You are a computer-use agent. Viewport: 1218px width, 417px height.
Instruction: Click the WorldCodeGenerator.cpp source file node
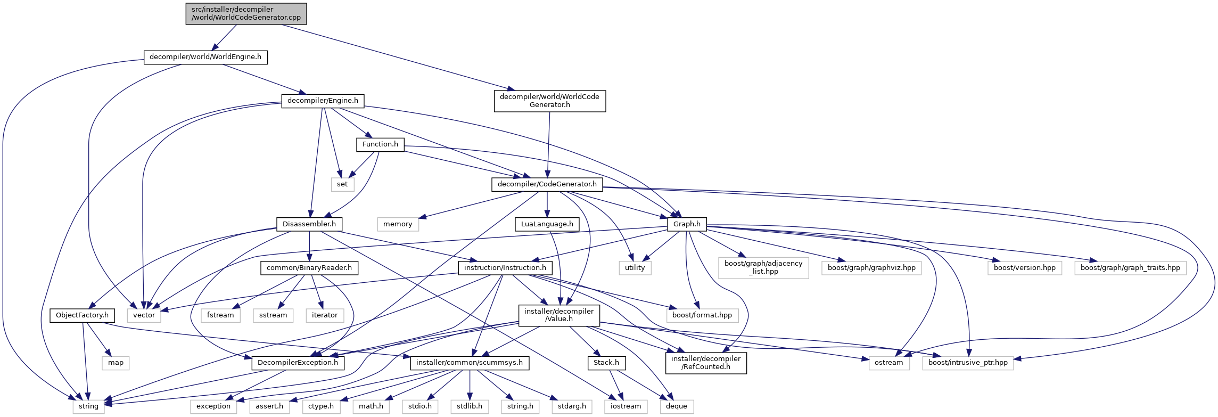click(x=246, y=13)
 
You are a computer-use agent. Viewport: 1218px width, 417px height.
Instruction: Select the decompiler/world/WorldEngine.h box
click(x=205, y=57)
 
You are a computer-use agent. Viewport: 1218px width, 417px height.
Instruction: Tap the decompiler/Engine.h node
click(x=323, y=101)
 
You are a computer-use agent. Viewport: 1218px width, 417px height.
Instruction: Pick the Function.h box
click(x=380, y=144)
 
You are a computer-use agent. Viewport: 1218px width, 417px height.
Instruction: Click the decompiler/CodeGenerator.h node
click(x=547, y=184)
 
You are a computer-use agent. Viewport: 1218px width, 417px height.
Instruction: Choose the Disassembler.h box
click(x=309, y=224)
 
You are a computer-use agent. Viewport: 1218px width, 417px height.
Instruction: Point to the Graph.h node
click(x=687, y=224)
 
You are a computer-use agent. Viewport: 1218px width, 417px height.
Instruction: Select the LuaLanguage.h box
click(x=547, y=224)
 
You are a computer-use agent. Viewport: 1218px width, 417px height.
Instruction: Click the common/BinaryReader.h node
click(x=309, y=268)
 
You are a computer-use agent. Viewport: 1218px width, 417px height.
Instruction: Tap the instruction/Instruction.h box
click(x=505, y=268)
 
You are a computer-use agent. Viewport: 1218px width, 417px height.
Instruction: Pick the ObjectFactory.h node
click(x=82, y=315)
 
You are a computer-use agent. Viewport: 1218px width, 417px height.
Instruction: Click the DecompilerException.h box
click(x=298, y=363)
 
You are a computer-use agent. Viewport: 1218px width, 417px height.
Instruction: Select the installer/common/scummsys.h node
click(x=469, y=363)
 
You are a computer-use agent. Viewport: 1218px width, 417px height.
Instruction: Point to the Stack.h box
click(x=606, y=363)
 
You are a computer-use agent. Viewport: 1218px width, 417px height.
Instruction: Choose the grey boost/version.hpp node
click(x=1024, y=268)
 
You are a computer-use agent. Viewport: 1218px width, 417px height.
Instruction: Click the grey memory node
click(x=398, y=224)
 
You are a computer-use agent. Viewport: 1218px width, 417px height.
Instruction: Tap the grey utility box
click(x=635, y=268)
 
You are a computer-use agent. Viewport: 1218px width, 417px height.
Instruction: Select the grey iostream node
click(x=626, y=406)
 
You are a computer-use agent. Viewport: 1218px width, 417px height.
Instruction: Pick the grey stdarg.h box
click(x=572, y=406)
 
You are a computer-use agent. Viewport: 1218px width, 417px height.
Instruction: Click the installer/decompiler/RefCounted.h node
click(x=705, y=363)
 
